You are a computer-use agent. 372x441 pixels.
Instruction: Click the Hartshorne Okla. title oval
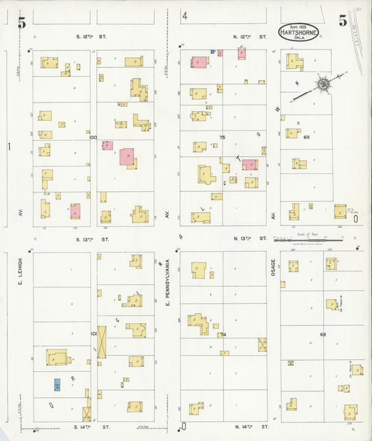pos(299,31)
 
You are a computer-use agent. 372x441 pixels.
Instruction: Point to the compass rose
pos(323,84)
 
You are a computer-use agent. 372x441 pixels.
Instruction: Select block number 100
pos(93,137)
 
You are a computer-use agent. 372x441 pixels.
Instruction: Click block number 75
pos(223,137)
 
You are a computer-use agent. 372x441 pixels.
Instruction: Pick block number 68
pos(306,137)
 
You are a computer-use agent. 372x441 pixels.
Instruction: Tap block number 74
pos(223,335)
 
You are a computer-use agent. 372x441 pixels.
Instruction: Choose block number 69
pos(323,335)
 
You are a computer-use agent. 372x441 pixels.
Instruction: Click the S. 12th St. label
pos(91,36)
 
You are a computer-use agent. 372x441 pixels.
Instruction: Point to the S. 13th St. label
pos(91,239)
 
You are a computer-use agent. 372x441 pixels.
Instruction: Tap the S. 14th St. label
pos(91,426)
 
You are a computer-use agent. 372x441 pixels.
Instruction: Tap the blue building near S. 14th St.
pos(57,384)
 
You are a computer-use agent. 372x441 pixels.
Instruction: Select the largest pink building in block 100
pos(127,156)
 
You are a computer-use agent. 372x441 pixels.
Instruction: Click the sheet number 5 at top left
pos(22,22)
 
